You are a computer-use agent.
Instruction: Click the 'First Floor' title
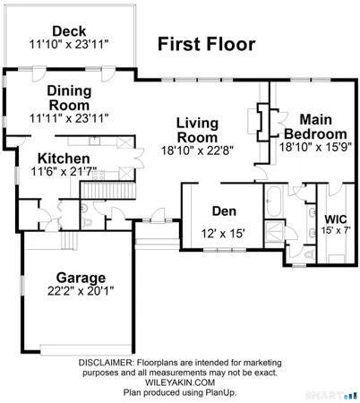(206, 43)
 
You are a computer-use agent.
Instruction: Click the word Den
(223, 211)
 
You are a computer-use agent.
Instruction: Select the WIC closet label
(336, 219)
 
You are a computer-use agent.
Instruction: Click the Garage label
(81, 277)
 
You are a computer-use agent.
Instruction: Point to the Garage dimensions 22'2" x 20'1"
(81, 291)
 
